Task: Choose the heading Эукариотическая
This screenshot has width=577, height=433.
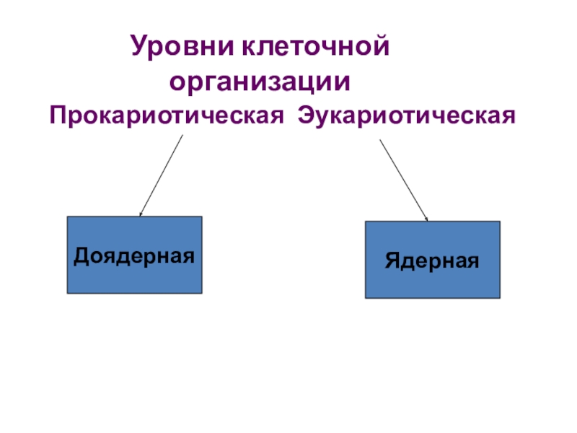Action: pyautogui.click(x=408, y=115)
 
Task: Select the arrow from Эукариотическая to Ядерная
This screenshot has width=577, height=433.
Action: pyautogui.click(x=404, y=180)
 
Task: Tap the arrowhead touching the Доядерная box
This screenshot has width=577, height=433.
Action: pyautogui.click(x=141, y=214)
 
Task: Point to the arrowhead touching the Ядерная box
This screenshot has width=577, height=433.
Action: pyautogui.click(x=427, y=219)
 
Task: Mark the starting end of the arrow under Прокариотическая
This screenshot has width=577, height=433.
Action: pyautogui.click(x=182, y=136)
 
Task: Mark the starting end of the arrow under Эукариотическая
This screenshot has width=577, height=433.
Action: pyautogui.click(x=380, y=140)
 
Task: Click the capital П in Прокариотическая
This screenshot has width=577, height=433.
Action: pyautogui.click(x=57, y=115)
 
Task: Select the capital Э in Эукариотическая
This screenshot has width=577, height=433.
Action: pyautogui.click(x=306, y=115)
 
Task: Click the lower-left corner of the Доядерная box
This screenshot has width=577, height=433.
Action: pyautogui.click(x=68, y=293)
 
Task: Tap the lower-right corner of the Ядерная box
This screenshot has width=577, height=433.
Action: pyautogui.click(x=499, y=297)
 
